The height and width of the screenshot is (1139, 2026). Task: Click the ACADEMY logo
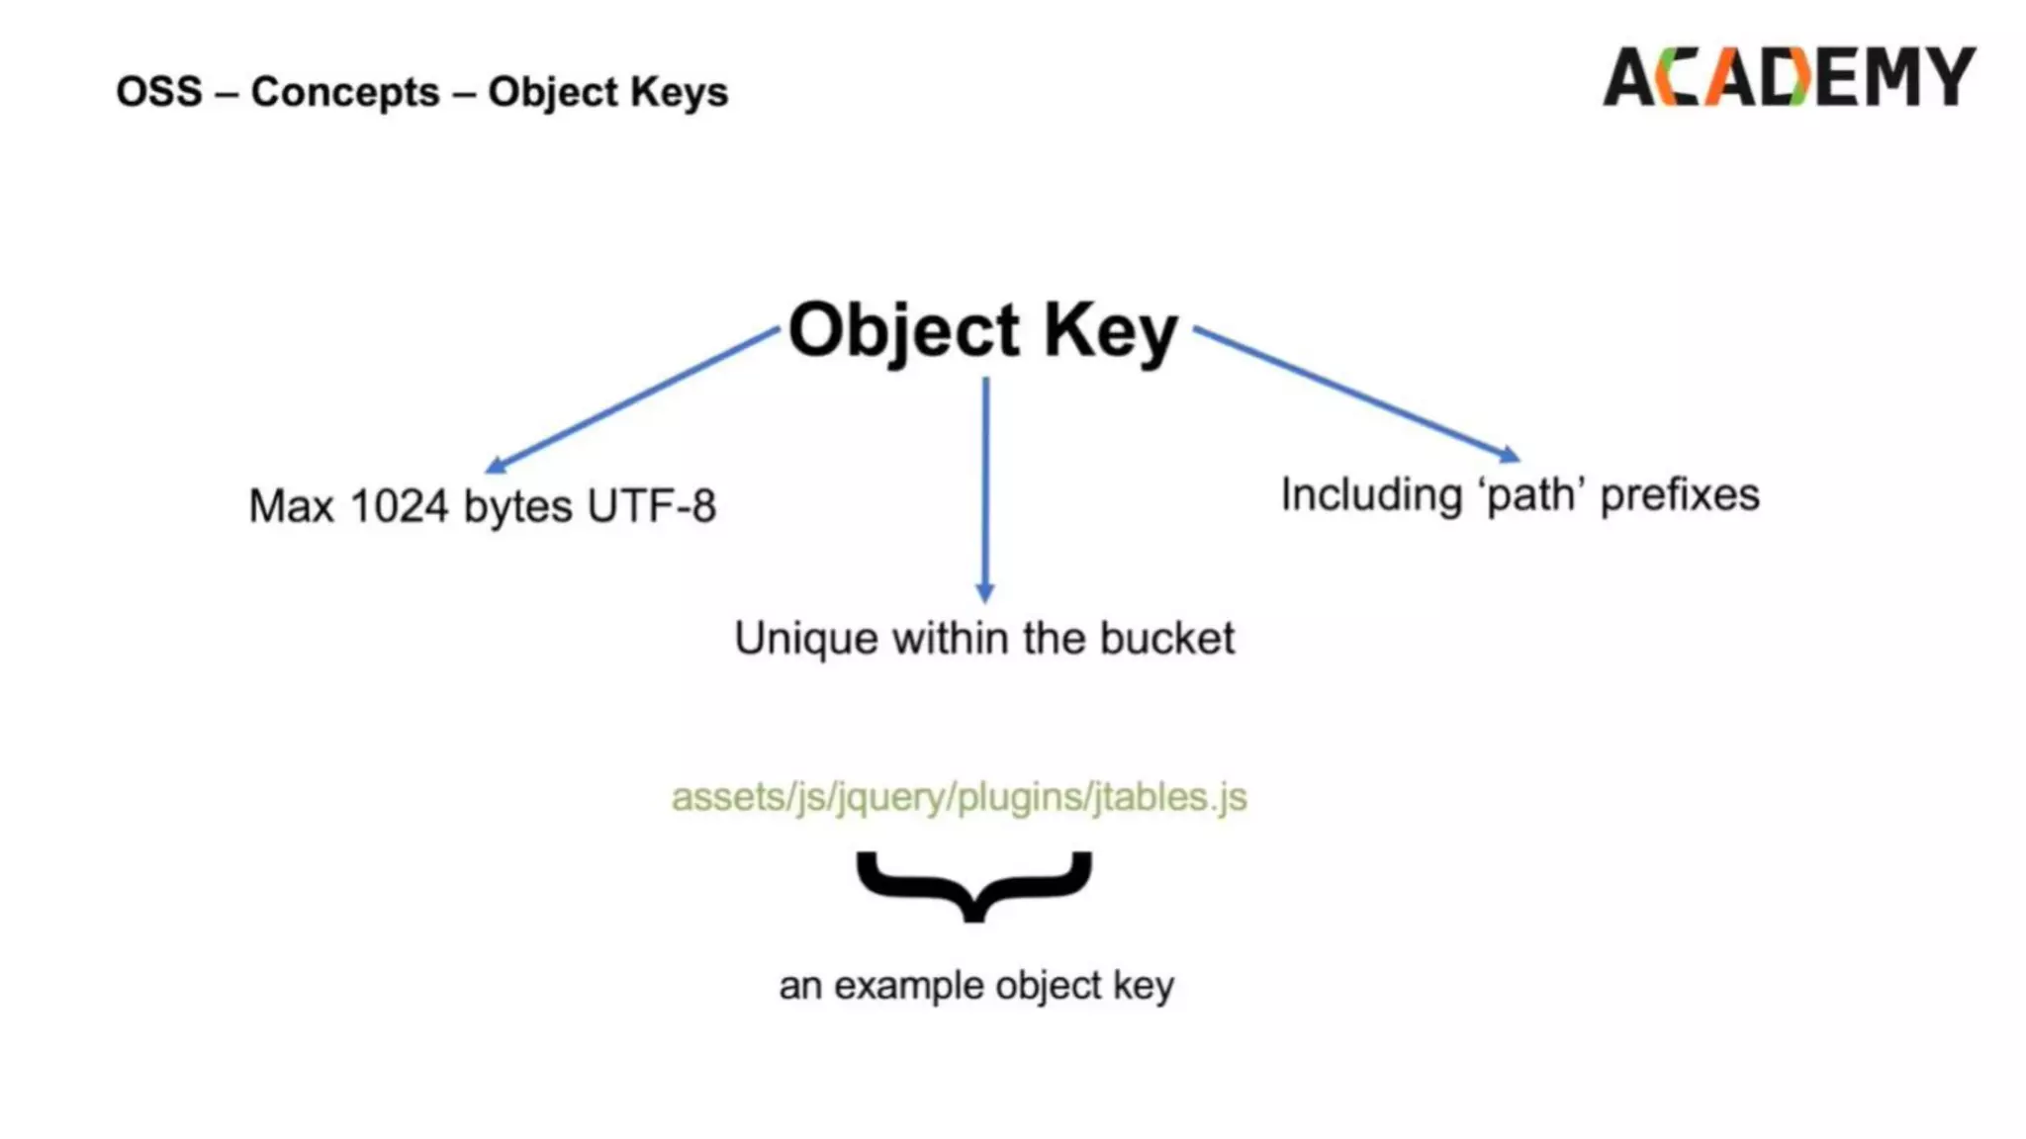(x=1789, y=77)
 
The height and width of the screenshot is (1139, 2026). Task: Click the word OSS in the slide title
(x=159, y=92)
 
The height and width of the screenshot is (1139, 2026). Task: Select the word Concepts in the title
(x=345, y=92)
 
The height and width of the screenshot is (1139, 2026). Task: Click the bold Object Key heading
(x=982, y=330)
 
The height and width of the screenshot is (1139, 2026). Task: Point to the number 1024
(x=399, y=506)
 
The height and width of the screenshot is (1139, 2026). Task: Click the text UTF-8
(x=651, y=506)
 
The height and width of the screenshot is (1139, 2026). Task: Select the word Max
(x=291, y=506)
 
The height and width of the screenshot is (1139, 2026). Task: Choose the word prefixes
(x=1680, y=494)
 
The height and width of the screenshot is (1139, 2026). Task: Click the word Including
(x=1370, y=494)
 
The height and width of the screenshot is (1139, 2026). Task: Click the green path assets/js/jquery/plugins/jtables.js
(x=959, y=797)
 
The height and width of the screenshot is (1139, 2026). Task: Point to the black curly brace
(x=974, y=885)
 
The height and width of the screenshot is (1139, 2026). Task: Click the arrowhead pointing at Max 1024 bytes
(x=496, y=466)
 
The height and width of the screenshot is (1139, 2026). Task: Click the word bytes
(x=517, y=506)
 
